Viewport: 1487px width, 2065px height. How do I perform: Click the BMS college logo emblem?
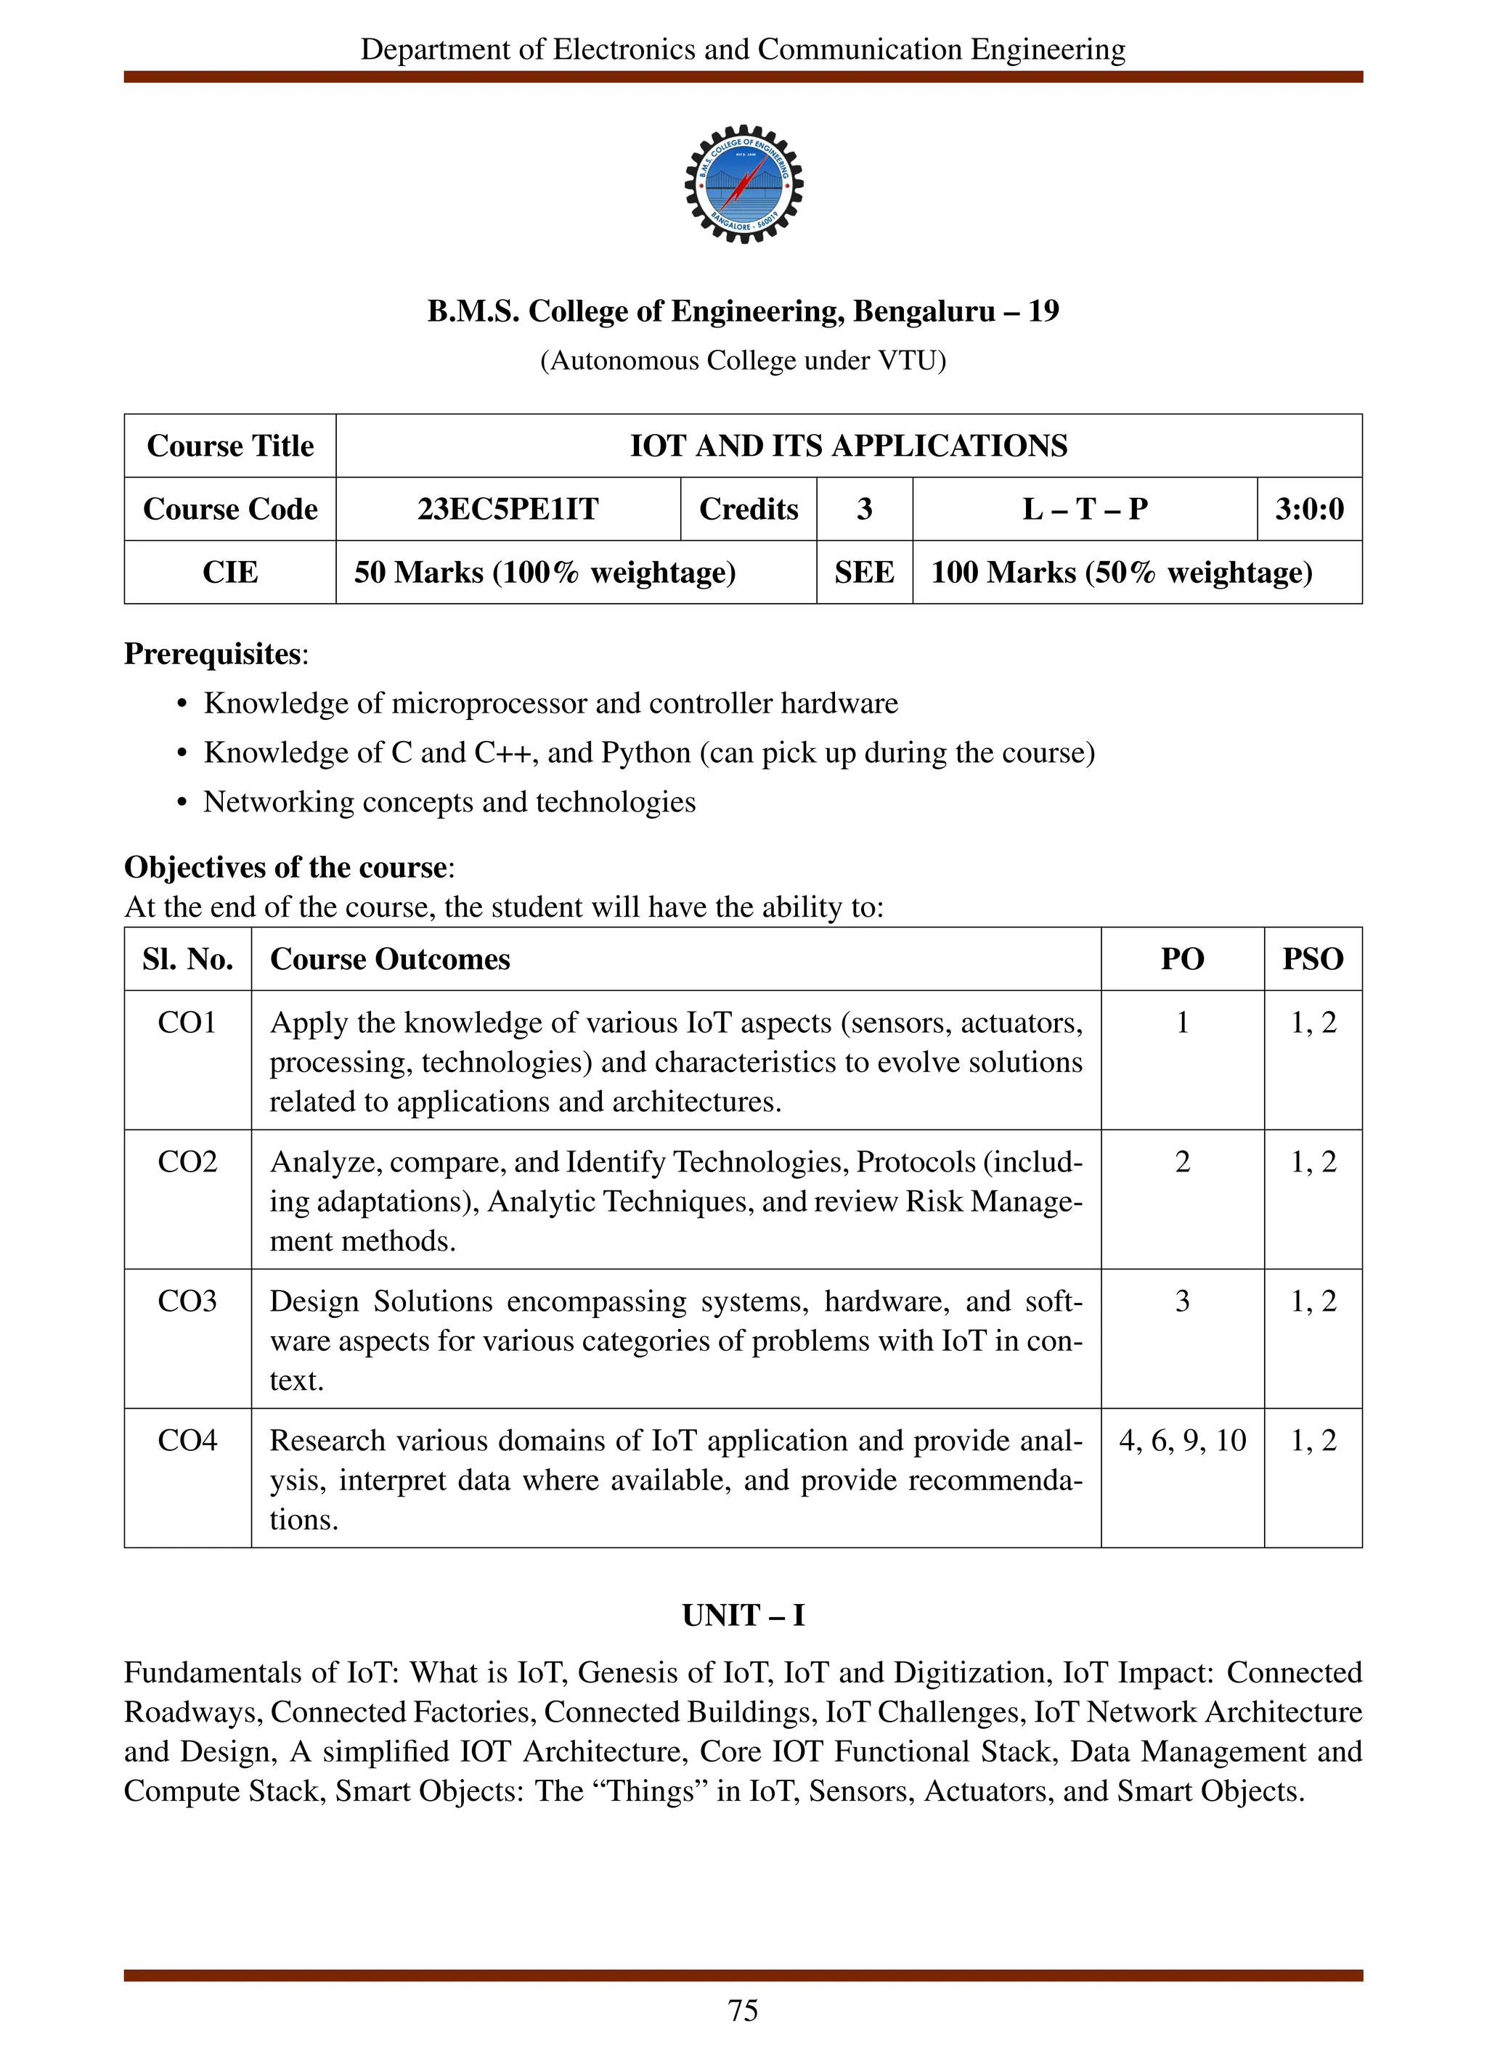743,184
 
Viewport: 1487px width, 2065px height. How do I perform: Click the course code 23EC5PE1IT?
508,509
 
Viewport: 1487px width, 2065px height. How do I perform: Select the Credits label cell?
748,509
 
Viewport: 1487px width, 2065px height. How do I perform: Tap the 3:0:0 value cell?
1308,509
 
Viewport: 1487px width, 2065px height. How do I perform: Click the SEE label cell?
863,573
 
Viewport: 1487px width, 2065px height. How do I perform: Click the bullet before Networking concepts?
182,803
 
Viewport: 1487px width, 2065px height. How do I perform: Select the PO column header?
1181,959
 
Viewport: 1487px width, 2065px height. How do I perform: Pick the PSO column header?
1312,959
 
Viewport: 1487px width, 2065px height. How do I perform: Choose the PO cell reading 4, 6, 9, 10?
1181,1440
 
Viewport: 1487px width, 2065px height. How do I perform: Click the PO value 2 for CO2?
1181,1162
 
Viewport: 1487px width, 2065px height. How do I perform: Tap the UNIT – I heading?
743,1615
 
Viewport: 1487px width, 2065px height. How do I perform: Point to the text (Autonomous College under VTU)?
743,361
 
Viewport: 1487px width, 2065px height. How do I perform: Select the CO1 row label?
187,1023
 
